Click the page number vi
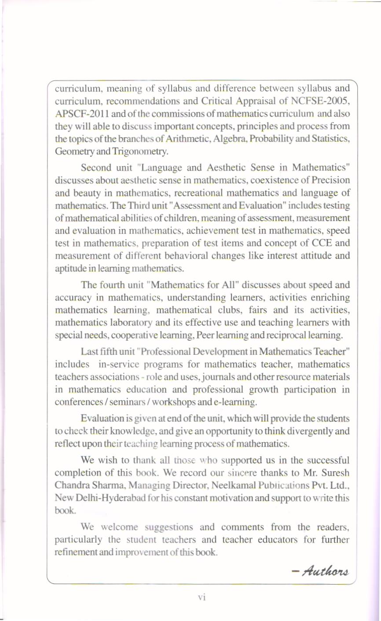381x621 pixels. pyautogui.click(x=202, y=597)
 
